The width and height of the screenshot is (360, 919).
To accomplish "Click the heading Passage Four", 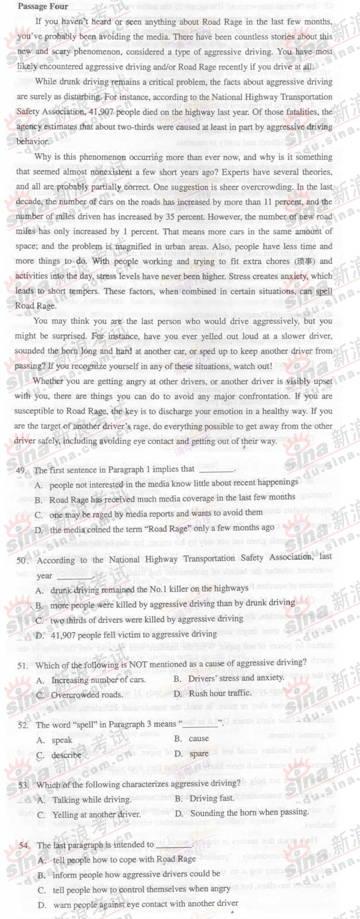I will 43,7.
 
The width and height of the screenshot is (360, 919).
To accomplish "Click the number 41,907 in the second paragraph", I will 102,112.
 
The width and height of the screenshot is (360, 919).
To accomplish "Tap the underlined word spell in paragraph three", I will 324,291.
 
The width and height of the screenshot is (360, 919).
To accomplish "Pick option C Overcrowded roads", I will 80,695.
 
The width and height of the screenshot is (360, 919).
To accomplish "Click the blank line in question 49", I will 216,470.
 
